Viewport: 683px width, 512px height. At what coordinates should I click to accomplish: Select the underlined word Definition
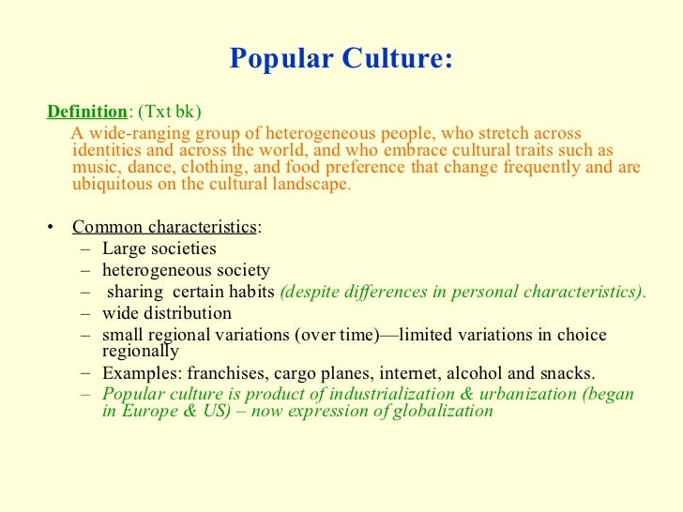point(86,112)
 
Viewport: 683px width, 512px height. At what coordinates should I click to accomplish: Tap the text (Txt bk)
point(168,112)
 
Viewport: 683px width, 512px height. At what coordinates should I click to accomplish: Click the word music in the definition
point(95,167)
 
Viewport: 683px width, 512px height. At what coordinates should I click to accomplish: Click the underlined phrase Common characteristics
point(163,227)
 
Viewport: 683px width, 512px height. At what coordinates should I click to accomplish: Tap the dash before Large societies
point(87,249)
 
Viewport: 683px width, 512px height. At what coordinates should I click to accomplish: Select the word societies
point(184,248)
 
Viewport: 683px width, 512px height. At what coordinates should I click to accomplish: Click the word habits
point(251,292)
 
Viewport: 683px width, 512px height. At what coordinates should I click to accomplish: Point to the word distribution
point(186,313)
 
